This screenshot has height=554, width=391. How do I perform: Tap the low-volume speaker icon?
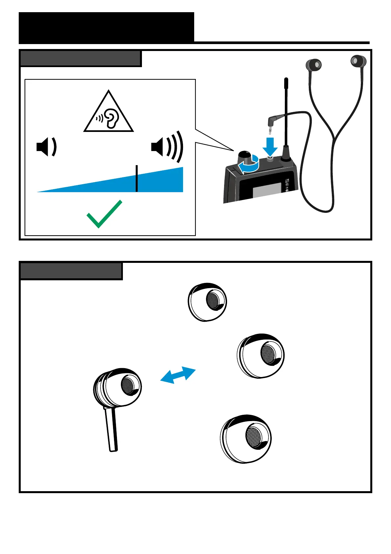[x=46, y=147]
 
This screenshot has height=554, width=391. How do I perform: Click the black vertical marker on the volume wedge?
[x=137, y=178]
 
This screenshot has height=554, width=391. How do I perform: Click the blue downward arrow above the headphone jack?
[x=270, y=146]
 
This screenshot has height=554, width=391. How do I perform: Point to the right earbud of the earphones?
[x=358, y=61]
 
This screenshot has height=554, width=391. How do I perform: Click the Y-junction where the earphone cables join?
[x=334, y=138]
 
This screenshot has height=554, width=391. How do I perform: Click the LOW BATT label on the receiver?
[x=287, y=180]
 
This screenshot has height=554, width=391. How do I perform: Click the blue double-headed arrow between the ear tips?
[x=178, y=375]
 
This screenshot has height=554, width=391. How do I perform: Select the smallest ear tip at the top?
[x=207, y=302]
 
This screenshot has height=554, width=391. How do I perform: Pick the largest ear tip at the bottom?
[x=246, y=439]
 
